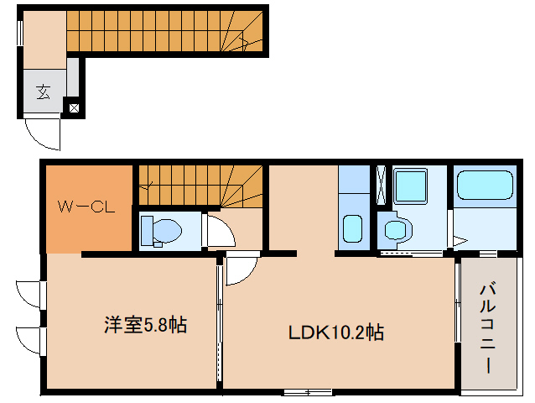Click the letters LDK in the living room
(305, 332)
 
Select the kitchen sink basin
(351, 228)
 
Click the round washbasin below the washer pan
(396, 228)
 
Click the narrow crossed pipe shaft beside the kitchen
(380, 186)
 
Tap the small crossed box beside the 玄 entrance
(73, 107)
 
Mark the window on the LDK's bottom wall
(307, 392)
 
